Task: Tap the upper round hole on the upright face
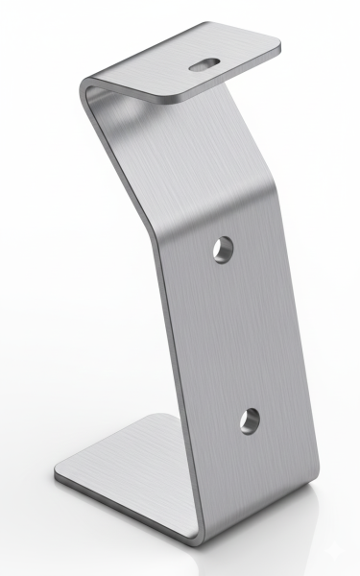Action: pos(226,249)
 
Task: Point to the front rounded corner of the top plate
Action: pos(178,100)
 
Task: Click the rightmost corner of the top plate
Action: pos(281,42)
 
